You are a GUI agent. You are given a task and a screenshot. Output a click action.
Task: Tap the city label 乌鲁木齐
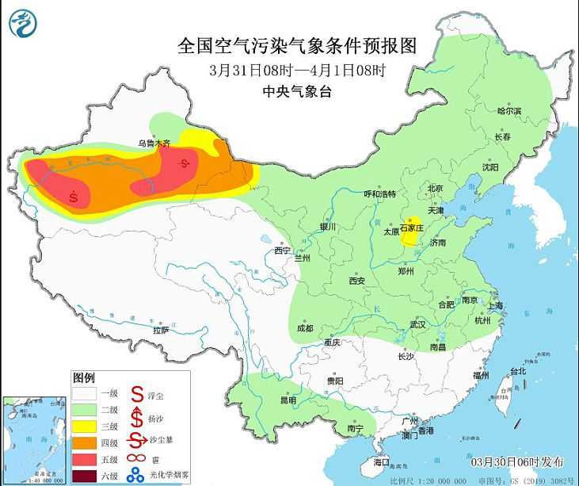coord(154,144)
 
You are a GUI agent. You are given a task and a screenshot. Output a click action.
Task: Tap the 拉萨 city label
coord(161,329)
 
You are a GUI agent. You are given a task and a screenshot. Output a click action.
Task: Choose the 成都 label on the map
coord(304,327)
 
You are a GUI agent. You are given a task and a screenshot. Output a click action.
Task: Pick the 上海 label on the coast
coord(497,305)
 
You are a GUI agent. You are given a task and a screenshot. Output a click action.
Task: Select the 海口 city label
coord(382,461)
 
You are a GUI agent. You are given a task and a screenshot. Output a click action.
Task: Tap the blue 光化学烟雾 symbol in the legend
coord(136,476)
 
